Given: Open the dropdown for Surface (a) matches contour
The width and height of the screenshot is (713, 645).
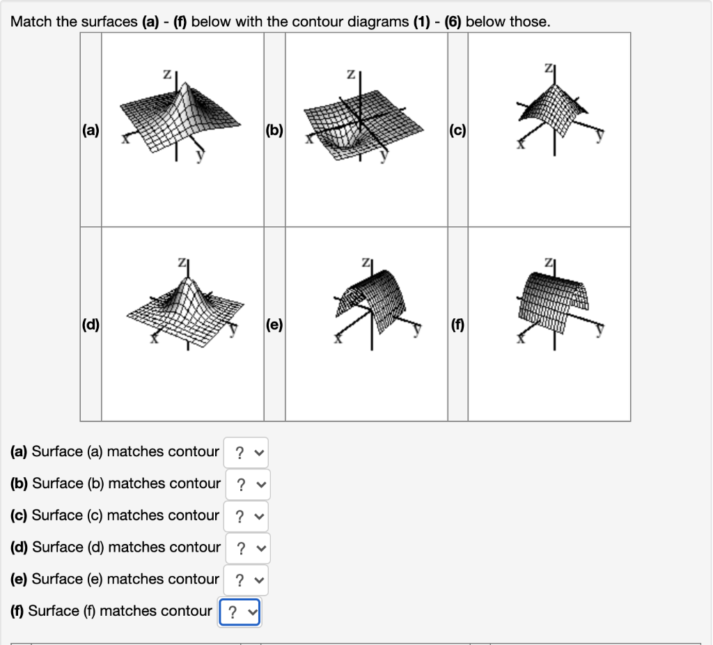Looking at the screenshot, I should [x=246, y=452].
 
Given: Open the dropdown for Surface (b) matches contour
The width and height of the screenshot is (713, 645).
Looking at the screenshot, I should [x=248, y=484].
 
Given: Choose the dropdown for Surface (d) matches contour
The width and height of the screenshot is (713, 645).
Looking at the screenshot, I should [x=248, y=548].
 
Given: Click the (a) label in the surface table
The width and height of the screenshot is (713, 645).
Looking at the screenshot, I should [x=91, y=130].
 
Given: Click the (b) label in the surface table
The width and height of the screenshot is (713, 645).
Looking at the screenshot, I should [x=274, y=130].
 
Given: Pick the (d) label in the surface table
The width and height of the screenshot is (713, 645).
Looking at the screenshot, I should [x=91, y=324].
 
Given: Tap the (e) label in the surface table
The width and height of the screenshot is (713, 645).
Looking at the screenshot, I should [x=274, y=324].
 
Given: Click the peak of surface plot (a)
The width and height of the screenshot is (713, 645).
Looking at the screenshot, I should [x=185, y=88].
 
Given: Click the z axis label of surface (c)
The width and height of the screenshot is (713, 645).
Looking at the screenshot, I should [x=549, y=68].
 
